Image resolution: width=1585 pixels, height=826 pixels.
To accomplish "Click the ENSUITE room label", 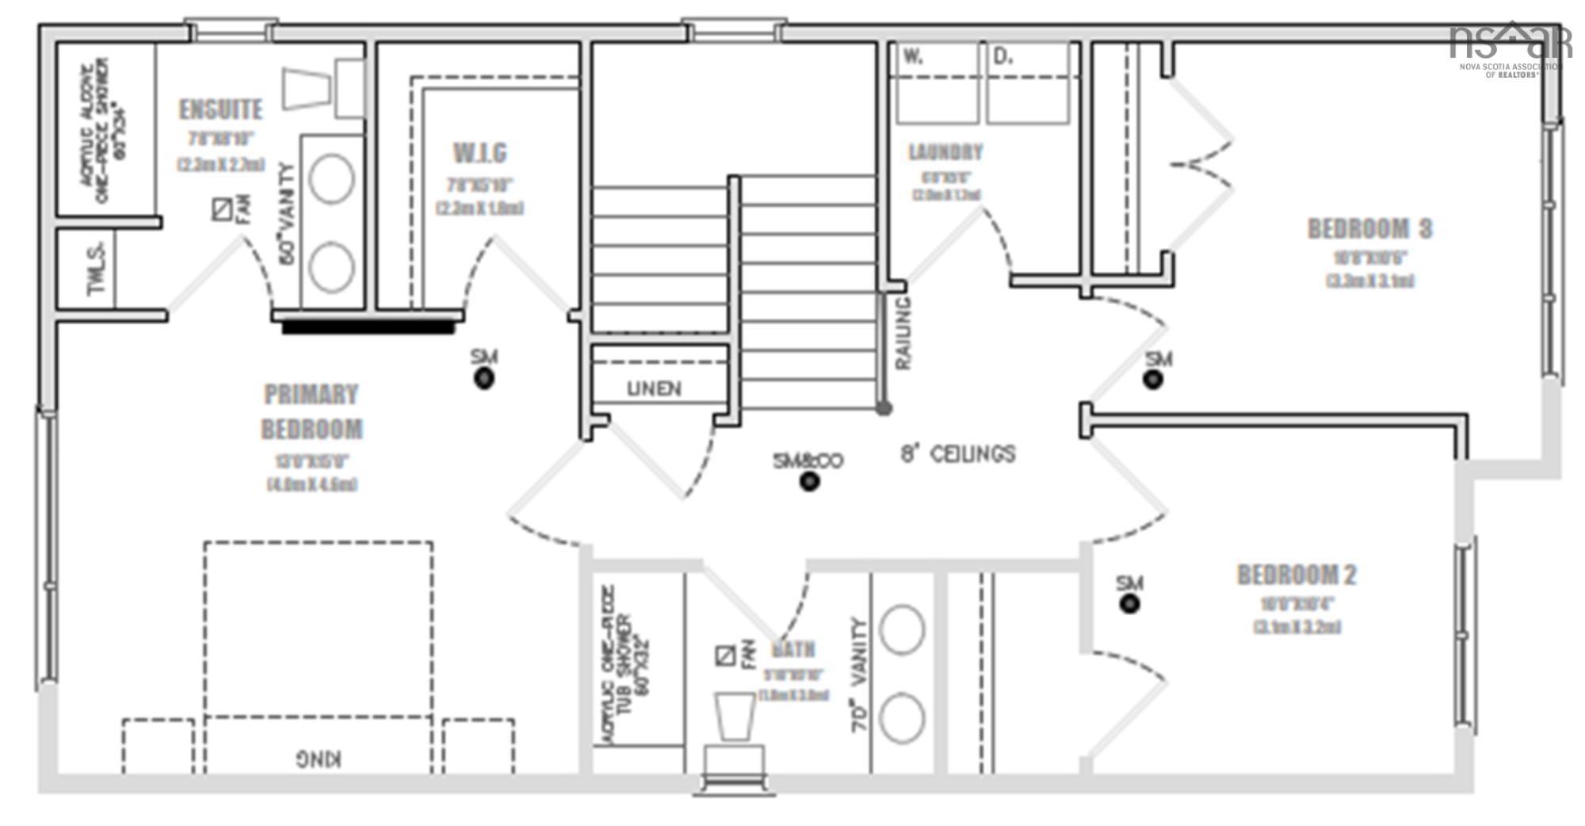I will [x=220, y=109].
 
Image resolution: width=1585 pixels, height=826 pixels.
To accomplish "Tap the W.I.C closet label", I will [x=479, y=152].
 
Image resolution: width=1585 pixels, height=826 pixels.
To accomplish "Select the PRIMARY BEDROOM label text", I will [x=311, y=411].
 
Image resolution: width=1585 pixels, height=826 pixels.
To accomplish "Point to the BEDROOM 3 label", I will [x=1369, y=229].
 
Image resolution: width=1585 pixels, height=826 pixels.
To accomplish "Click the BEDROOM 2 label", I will [x=1297, y=575].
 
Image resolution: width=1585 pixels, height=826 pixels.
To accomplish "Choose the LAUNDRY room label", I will [x=945, y=151].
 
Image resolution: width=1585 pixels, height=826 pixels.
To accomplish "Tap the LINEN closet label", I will [x=654, y=388].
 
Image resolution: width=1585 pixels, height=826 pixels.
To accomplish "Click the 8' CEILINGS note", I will [x=958, y=454].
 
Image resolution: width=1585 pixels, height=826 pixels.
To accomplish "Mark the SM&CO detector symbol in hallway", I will [x=808, y=481].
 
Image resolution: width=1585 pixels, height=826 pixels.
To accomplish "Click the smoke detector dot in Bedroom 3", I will [x=1153, y=380].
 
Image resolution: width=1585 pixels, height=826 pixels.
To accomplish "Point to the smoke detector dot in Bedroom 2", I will [x=1129, y=604].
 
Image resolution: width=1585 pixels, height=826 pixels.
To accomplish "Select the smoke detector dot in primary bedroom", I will [x=484, y=379].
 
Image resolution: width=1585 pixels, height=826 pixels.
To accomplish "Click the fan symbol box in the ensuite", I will [x=222, y=209].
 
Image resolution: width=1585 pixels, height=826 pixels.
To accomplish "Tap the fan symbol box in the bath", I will [x=724, y=656].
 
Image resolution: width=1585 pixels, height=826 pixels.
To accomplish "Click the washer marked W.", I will [x=935, y=83].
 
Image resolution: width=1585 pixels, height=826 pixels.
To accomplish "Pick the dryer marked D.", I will [x=1029, y=83].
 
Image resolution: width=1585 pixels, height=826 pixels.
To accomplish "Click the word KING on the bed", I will [x=319, y=759].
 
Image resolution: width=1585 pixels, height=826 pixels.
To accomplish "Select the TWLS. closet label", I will [x=97, y=269].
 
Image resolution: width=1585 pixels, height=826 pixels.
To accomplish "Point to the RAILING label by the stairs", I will [x=903, y=333].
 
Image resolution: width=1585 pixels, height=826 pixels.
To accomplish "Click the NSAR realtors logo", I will [x=1510, y=48].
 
